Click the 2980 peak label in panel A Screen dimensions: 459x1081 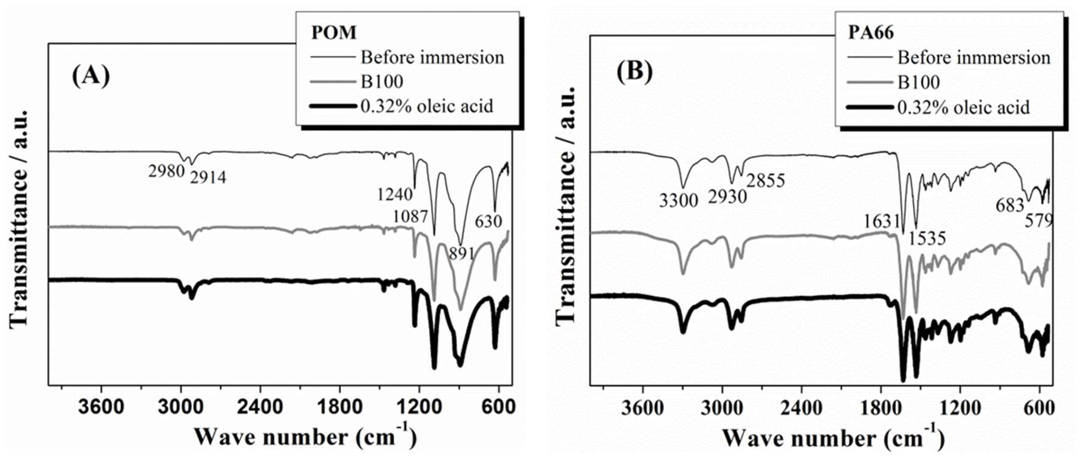[166, 171]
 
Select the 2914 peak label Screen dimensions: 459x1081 [208, 178]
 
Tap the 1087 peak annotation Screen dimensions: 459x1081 [411, 217]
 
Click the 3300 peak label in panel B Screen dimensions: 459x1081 [678, 201]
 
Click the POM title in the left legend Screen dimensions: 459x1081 [334, 33]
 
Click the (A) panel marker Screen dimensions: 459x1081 [91, 76]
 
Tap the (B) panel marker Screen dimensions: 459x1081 [634, 71]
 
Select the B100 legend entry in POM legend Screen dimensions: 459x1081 [382, 82]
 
